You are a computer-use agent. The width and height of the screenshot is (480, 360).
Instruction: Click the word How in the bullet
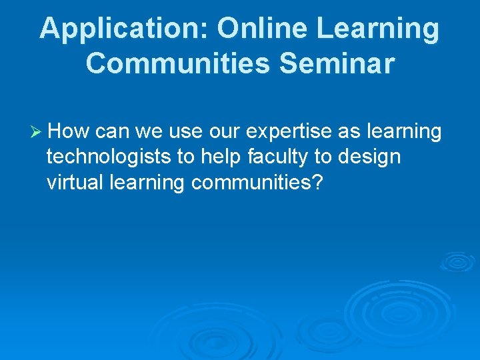[x=70, y=132]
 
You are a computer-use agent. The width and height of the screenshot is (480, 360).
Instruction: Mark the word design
[x=369, y=157]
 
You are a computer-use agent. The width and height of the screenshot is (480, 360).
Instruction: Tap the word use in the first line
[x=189, y=132]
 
